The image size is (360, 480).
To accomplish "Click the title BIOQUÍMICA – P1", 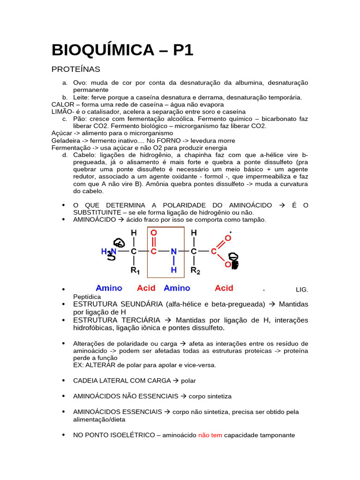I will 122,50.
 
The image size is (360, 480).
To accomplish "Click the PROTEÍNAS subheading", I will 76,69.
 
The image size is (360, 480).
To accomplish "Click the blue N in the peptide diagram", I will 173,252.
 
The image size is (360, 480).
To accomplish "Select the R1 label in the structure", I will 135,270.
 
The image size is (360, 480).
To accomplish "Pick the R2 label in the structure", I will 195,270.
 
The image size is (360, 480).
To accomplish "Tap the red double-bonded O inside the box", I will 154,233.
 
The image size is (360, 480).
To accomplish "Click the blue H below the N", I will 173,270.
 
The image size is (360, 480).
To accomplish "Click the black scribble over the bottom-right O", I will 233,261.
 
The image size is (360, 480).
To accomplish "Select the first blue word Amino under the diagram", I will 109,288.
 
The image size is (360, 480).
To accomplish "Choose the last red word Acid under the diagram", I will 224,288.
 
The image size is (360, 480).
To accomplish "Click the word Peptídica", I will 87,297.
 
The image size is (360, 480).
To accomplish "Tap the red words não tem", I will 210,435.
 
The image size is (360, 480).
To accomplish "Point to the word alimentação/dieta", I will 99,420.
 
